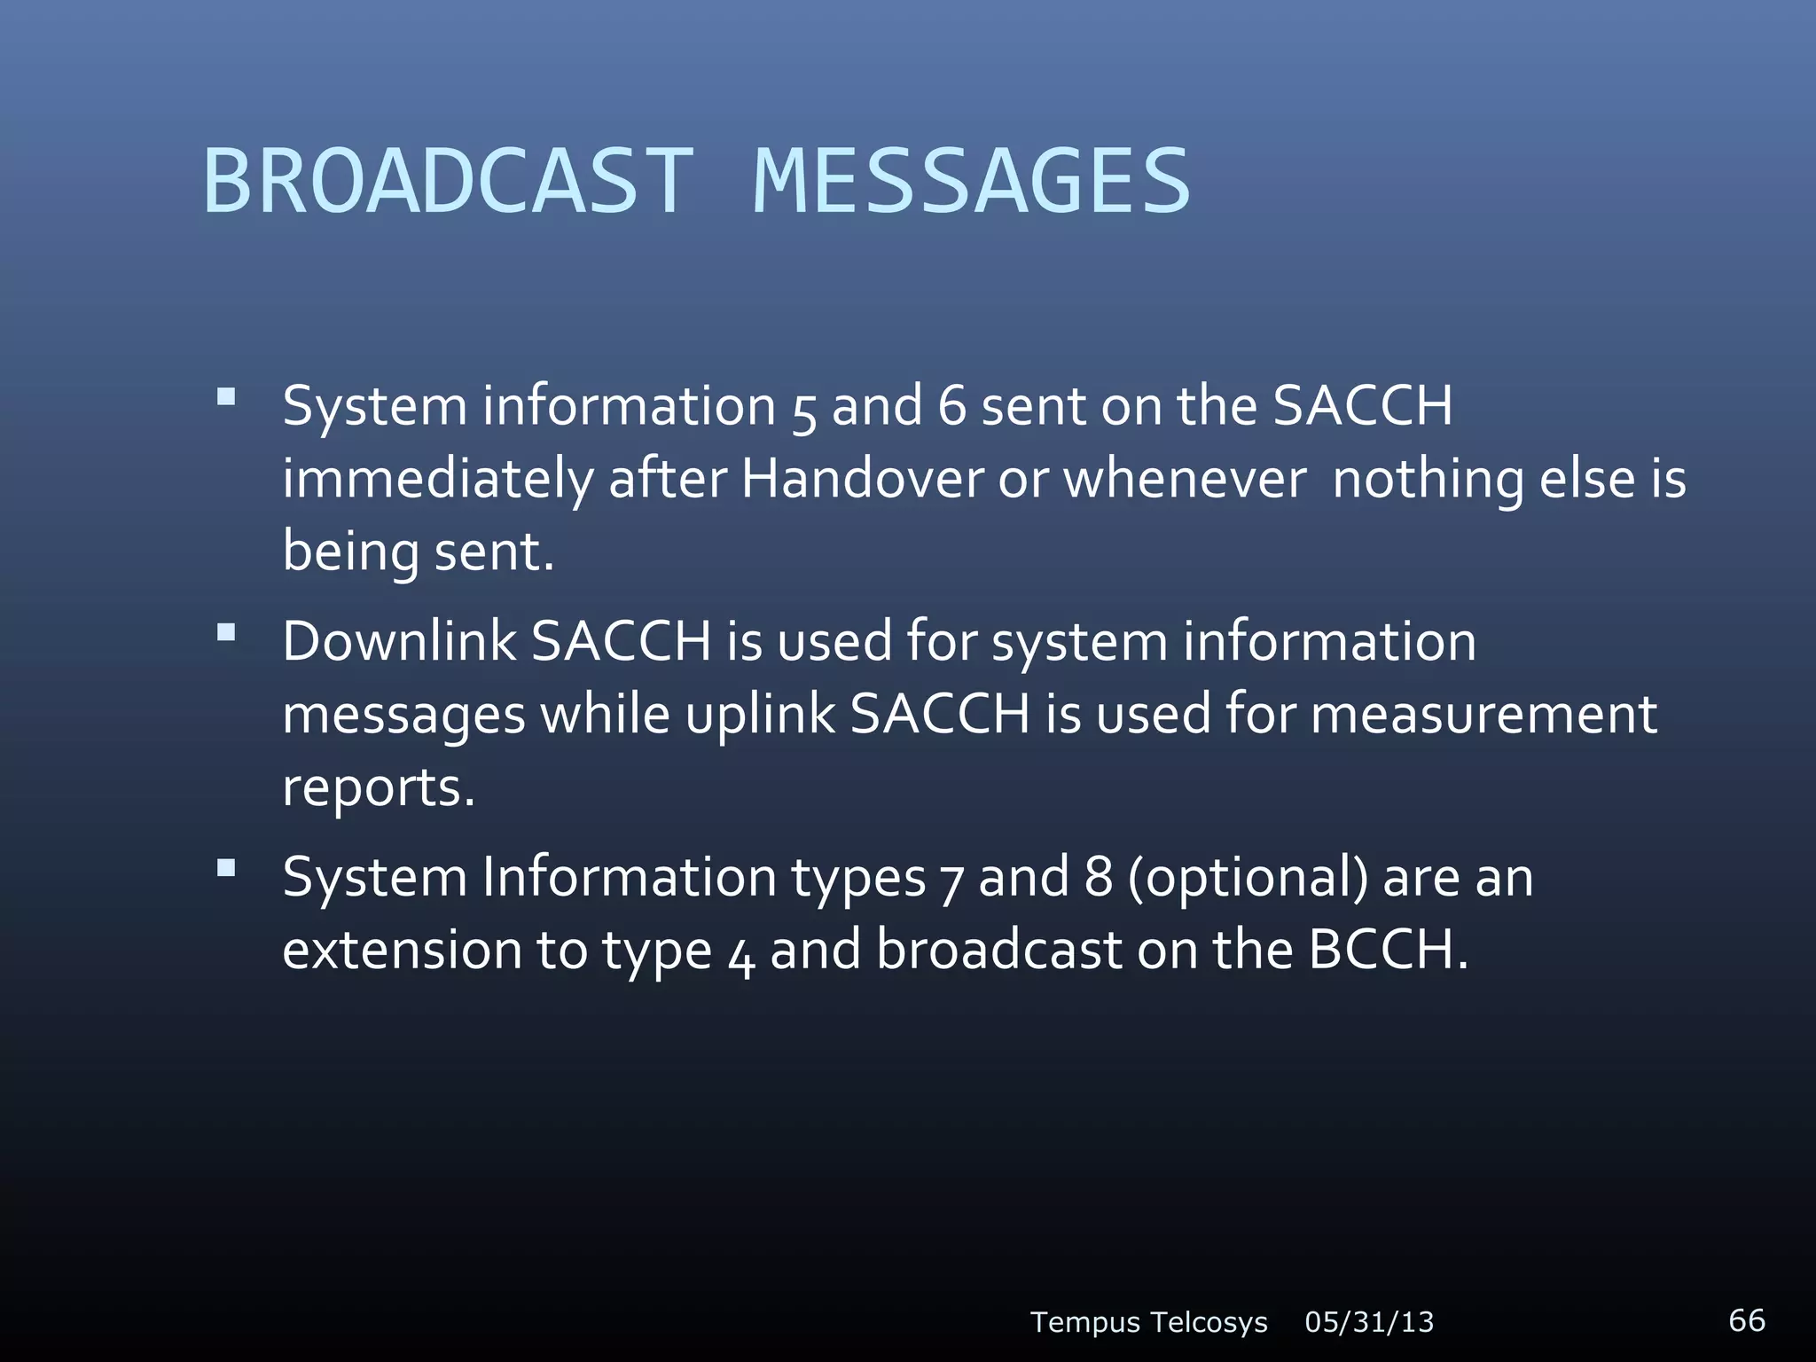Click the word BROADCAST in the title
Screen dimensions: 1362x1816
click(448, 182)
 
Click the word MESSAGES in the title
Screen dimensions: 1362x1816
click(971, 182)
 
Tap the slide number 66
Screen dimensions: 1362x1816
click(1746, 1319)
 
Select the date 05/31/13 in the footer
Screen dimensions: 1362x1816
click(1369, 1322)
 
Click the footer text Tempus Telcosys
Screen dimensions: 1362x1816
click(1148, 1322)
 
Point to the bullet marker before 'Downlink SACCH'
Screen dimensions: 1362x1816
click(226, 632)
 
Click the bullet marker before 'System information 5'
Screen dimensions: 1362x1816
click(226, 396)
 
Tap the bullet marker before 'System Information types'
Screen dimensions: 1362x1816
click(226, 868)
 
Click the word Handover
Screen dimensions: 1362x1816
click(862, 480)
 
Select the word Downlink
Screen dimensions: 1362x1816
click(398, 641)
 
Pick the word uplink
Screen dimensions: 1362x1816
click(760, 715)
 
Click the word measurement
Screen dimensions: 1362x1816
click(1483, 715)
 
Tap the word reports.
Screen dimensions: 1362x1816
click(379, 788)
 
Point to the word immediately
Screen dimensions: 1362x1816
click(438, 480)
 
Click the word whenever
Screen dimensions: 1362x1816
click(1185, 480)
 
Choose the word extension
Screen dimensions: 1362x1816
click(403, 950)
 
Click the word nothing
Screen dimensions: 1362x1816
click(1428, 480)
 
